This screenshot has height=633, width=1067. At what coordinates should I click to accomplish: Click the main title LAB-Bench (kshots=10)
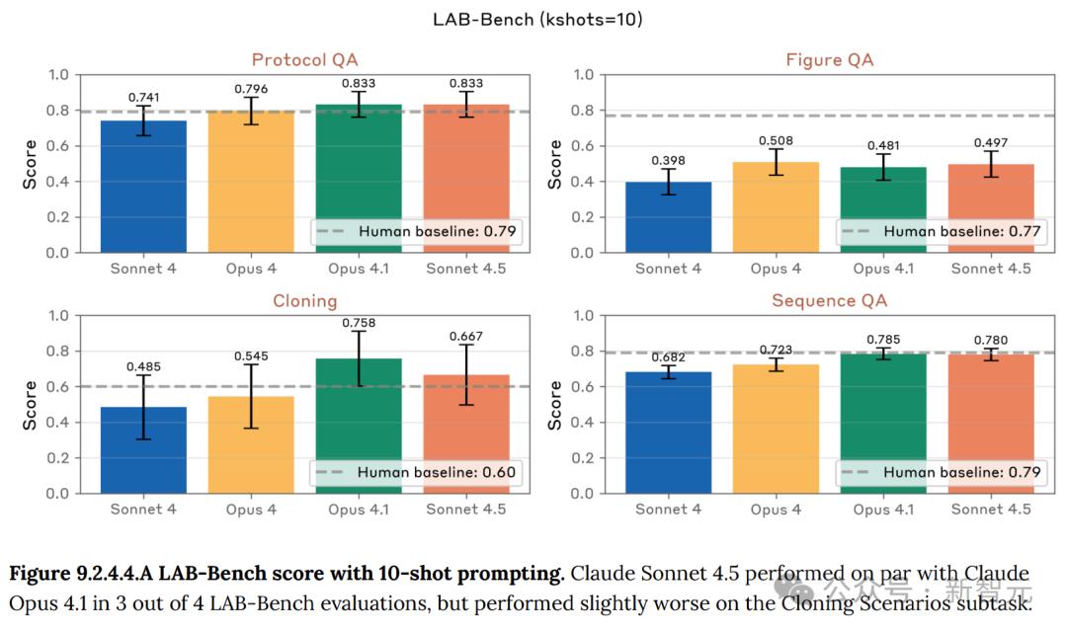(537, 19)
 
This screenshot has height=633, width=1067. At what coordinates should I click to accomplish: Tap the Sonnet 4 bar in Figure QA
(668, 217)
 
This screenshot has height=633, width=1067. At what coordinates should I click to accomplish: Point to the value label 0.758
(359, 321)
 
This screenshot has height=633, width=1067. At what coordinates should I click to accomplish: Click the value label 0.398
(668, 160)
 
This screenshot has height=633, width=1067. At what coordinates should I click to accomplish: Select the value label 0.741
(143, 98)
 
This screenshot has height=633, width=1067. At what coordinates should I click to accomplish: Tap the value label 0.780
(990, 341)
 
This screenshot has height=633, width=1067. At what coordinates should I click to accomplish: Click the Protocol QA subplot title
(303, 60)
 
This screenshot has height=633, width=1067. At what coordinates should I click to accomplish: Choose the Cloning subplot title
(304, 301)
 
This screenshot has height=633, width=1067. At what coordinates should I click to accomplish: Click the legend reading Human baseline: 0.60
(416, 472)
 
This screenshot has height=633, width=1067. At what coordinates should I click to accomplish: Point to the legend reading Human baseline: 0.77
(942, 231)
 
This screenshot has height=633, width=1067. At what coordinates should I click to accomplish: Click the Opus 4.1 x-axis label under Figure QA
(884, 269)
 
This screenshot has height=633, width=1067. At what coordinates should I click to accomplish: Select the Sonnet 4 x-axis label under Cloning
(143, 510)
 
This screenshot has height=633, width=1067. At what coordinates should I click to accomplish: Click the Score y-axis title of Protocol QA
(31, 163)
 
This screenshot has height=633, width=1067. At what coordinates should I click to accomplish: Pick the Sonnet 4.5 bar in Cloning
(466, 435)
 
